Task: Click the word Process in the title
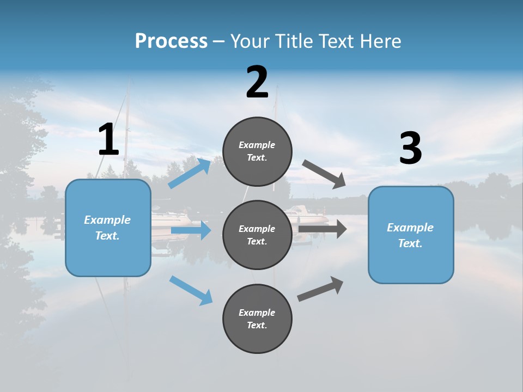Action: tap(171, 41)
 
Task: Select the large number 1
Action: tap(108, 140)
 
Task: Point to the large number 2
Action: tap(257, 82)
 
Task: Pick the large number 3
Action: tap(410, 149)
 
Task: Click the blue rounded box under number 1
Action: tap(108, 228)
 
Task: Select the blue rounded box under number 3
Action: tap(411, 235)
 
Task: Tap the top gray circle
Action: tap(257, 151)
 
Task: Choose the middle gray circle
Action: tap(257, 235)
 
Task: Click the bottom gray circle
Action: tap(257, 318)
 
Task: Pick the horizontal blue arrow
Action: tap(191, 230)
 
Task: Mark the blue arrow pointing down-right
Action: tap(191, 290)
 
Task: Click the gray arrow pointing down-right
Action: tap(324, 174)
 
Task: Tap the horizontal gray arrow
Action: tap(323, 229)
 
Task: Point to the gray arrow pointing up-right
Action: tap(320, 289)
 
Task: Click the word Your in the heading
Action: tap(250, 41)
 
